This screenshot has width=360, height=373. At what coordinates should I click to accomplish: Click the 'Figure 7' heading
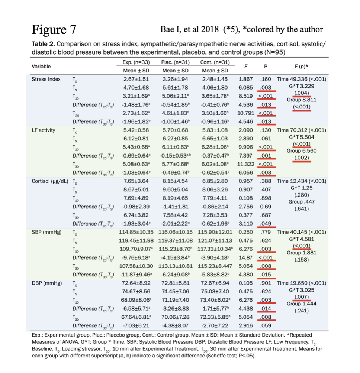click(54, 29)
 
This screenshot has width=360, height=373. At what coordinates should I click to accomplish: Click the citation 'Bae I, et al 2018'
click(190, 29)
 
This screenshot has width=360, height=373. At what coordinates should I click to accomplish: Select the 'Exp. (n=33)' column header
click(136, 62)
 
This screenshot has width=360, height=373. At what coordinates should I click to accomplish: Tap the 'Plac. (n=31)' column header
click(175, 62)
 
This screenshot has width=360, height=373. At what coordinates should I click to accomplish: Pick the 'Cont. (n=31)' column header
click(215, 62)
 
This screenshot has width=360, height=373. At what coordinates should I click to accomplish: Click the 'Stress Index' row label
click(46, 79)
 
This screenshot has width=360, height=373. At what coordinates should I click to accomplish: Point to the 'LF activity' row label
click(44, 130)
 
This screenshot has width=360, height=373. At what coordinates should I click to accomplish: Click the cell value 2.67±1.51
click(136, 79)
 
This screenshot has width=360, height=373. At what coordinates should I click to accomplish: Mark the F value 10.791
click(245, 113)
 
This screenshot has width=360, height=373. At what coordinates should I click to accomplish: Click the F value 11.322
click(245, 165)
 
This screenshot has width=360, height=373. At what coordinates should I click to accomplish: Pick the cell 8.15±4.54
click(175, 182)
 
